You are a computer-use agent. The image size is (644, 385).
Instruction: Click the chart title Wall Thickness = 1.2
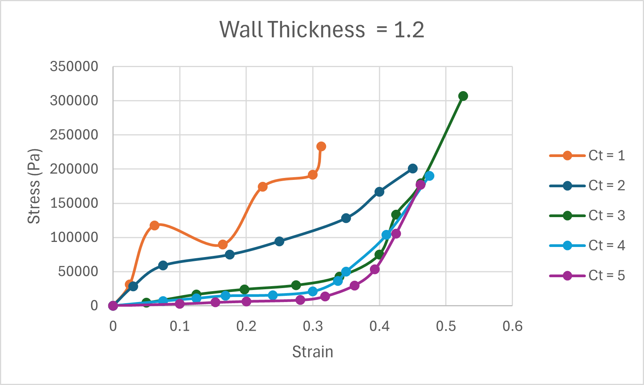(322, 29)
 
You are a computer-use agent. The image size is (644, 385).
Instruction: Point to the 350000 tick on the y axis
(74, 67)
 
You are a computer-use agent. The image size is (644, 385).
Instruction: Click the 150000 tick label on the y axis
(74, 203)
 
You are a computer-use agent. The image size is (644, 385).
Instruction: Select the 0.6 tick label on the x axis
(512, 326)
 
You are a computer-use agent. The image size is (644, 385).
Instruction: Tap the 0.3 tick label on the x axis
(313, 326)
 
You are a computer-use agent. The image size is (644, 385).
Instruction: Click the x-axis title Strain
(313, 352)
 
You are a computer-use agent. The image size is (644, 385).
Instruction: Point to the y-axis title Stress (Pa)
(34, 186)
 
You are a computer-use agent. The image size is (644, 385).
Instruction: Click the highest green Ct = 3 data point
(463, 96)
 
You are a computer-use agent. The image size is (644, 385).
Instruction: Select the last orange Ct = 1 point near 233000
(321, 147)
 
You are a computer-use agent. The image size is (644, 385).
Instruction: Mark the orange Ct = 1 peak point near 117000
(154, 226)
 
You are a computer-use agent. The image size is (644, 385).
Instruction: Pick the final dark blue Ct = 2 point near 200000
(413, 169)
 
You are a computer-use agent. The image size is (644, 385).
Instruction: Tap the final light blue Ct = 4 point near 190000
(429, 176)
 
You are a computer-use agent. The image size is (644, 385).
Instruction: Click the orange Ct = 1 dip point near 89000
(223, 245)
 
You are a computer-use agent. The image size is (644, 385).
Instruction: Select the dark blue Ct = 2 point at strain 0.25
(279, 242)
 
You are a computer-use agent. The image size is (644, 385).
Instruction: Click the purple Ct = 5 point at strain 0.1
(180, 304)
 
